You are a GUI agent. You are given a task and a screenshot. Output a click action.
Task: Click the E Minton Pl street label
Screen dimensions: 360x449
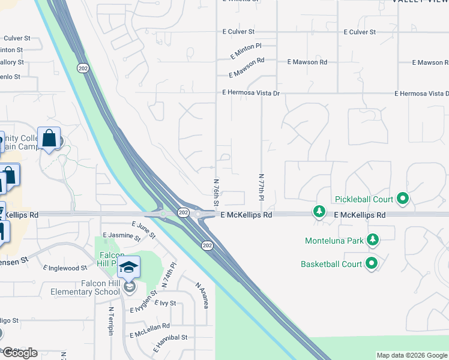click(246, 50)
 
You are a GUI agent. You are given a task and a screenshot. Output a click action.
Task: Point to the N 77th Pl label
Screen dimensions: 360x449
click(261, 187)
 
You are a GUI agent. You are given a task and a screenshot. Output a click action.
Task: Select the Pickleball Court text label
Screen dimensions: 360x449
click(363, 199)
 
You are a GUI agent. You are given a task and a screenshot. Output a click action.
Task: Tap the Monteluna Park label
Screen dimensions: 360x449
click(334, 241)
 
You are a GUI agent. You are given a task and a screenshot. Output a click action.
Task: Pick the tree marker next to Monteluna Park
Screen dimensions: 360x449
click(373, 240)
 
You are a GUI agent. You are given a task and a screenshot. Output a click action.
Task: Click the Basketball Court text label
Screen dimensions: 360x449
click(331, 264)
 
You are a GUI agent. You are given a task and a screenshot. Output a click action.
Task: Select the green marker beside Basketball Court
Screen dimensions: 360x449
click(372, 263)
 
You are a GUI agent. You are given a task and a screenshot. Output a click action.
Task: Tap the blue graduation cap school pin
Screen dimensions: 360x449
click(129, 268)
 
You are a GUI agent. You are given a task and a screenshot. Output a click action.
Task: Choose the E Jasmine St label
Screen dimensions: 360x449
click(120, 235)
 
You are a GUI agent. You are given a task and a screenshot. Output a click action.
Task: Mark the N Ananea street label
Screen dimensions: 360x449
click(202, 294)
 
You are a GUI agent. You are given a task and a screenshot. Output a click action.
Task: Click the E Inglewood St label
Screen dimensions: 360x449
click(67, 268)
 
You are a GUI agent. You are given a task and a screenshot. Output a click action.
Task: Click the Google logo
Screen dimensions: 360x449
click(20, 353)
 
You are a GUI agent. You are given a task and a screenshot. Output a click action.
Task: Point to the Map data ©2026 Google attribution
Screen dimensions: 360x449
click(412, 355)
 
